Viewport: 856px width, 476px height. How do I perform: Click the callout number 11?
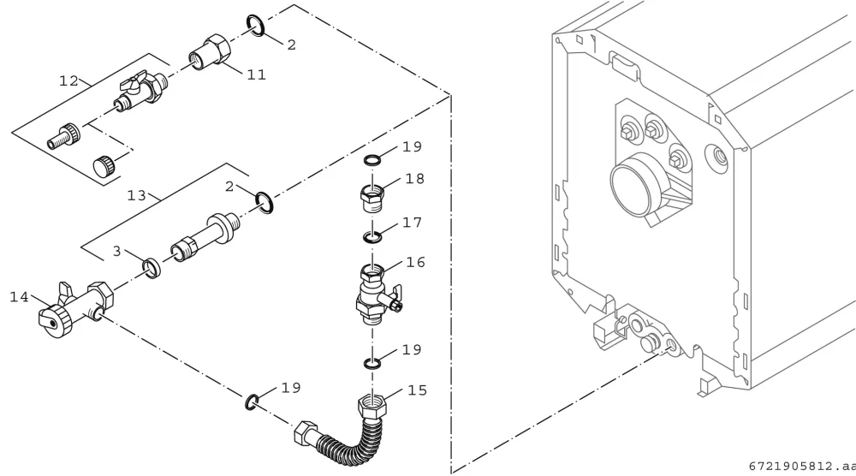coord(256,74)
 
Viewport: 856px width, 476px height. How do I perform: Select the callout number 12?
coord(68,81)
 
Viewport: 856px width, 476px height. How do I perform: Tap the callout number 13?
coord(136,195)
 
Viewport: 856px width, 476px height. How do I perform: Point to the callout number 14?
coord(19,298)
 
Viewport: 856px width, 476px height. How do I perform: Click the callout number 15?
coord(417,390)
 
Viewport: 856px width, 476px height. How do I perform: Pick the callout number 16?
coord(415,263)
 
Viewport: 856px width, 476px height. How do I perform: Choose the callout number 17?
coord(413,223)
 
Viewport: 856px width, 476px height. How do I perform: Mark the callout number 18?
coord(415,179)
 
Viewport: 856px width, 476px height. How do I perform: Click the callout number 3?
coord(116,251)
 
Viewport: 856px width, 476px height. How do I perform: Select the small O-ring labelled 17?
coord(372,237)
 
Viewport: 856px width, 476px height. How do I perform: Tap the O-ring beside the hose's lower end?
coord(252,402)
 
